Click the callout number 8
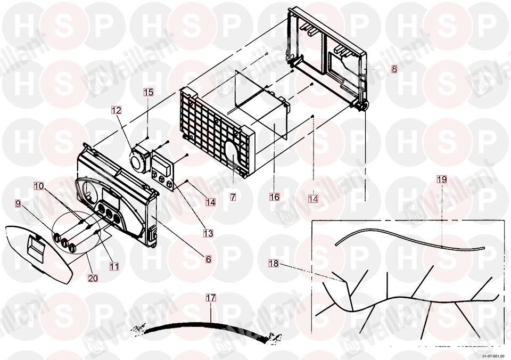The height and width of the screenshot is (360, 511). (394, 69)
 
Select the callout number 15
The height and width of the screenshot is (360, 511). (149, 92)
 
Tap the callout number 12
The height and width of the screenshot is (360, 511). (117, 110)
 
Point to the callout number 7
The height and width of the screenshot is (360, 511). (233, 197)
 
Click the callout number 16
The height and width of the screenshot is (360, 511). (275, 197)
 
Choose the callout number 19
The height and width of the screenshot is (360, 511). (442, 179)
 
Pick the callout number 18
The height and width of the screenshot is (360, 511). (274, 263)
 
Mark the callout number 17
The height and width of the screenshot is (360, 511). (211, 298)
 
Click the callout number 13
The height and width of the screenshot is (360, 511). (208, 233)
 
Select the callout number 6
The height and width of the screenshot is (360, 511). (208, 259)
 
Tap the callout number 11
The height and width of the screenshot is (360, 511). (114, 266)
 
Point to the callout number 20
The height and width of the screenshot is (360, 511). (93, 278)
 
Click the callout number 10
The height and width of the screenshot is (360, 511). (39, 186)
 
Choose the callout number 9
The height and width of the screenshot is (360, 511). (18, 204)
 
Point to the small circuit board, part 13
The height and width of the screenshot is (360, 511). (163, 171)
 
